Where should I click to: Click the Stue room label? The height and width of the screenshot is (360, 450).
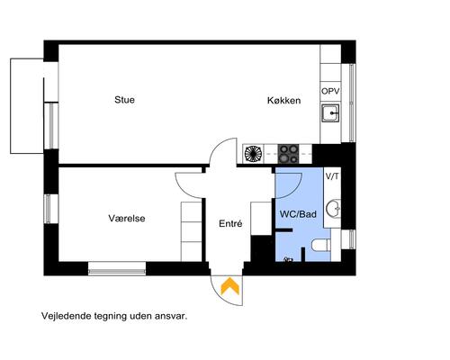tap(124, 100)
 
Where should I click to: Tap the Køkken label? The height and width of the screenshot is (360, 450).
tap(283, 101)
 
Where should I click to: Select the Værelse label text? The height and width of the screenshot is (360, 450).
tap(127, 219)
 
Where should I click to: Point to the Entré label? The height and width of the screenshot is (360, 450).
tap(230, 224)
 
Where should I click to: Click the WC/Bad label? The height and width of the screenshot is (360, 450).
tap(298, 214)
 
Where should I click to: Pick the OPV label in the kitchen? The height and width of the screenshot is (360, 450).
tap(330, 92)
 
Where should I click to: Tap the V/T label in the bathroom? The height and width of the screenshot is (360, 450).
tap(331, 176)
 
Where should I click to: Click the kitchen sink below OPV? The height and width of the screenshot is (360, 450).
tap(330, 112)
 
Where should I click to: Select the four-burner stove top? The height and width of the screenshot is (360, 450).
tap(288, 153)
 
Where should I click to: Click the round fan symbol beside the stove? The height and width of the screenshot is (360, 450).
tap(254, 153)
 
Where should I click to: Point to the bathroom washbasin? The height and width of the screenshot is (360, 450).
tap(333, 209)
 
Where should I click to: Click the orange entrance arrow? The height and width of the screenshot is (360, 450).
tap(230, 286)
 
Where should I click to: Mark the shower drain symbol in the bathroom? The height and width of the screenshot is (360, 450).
tap(288, 259)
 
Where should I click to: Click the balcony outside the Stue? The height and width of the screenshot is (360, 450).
tap(26, 106)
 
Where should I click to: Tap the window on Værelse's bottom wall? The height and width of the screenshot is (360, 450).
tap(116, 266)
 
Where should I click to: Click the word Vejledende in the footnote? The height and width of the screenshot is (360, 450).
tap(66, 317)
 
